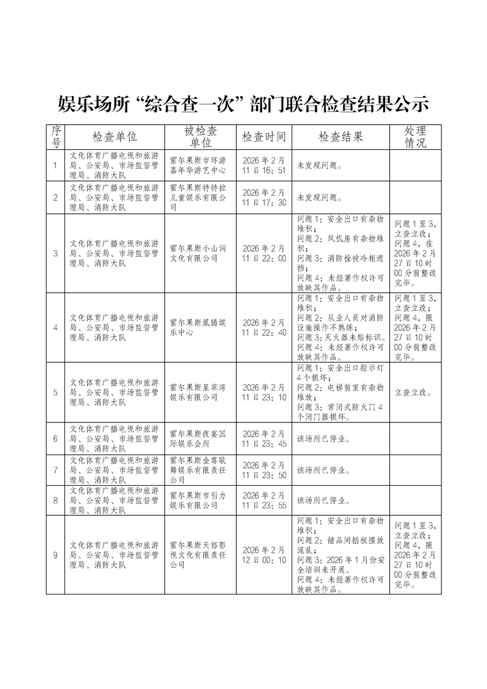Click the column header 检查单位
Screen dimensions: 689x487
pyautogui.click(x=114, y=136)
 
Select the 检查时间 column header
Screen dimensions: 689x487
pyautogui.click(x=264, y=136)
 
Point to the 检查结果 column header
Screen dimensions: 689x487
pyautogui.click(x=341, y=136)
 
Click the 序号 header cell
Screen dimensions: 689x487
pyautogui.click(x=56, y=136)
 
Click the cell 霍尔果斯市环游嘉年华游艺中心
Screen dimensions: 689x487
pyautogui.click(x=198, y=165)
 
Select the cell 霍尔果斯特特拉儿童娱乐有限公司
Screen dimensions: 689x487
pyautogui.click(x=198, y=198)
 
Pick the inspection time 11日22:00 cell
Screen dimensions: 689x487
pyautogui.click(x=264, y=253)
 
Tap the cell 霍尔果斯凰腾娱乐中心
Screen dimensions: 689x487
pyautogui.click(x=198, y=327)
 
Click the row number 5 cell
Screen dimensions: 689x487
pyautogui.click(x=56, y=392)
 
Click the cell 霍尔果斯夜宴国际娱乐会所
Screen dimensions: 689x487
pyautogui.click(x=198, y=438)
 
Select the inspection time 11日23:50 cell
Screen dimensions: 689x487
pyautogui.click(x=264, y=470)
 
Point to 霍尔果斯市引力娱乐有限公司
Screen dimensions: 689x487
pyautogui.click(x=198, y=500)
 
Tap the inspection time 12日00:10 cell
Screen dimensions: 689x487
pyautogui.click(x=264, y=555)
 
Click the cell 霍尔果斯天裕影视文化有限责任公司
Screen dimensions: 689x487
pyautogui.click(x=198, y=555)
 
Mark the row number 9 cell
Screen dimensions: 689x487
pyautogui.click(x=56, y=555)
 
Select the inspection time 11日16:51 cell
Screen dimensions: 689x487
pyautogui.click(x=264, y=165)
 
